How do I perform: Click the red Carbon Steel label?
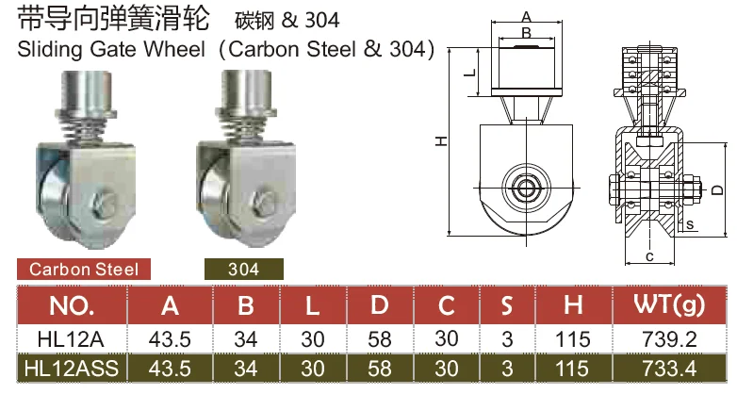pyautogui.click(x=84, y=269)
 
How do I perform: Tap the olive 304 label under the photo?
pyautogui.click(x=243, y=269)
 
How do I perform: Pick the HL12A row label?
pyautogui.click(x=71, y=338)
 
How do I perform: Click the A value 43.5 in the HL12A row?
pyautogui.click(x=171, y=338)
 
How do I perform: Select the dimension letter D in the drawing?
pyautogui.click(x=717, y=189)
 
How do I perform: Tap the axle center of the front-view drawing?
pyautogui.click(x=524, y=185)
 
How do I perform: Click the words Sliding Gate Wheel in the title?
pyautogui.click(x=110, y=49)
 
